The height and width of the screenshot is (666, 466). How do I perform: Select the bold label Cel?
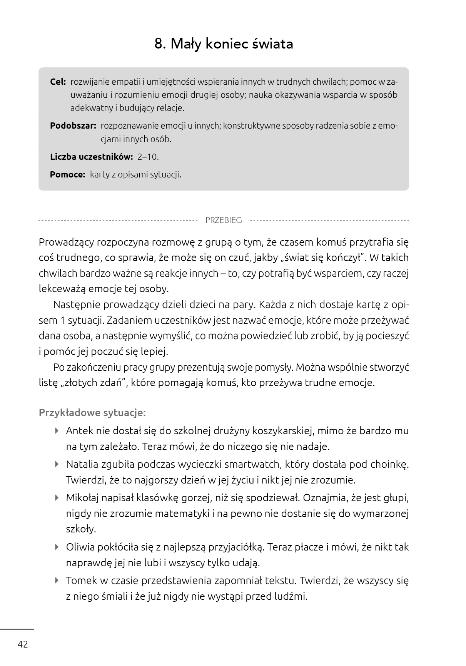point(58,82)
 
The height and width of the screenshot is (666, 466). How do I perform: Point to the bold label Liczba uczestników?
point(92,157)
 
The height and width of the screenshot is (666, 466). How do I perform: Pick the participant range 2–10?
point(148,157)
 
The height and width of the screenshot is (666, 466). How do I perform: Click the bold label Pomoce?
point(67,175)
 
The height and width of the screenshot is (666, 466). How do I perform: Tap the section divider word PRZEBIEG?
point(224,221)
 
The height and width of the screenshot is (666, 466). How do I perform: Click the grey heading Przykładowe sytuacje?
point(92,413)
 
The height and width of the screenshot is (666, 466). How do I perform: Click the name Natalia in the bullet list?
point(82,464)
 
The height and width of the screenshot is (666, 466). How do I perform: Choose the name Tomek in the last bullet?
point(80,581)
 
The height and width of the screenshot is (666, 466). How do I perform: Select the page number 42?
point(23,644)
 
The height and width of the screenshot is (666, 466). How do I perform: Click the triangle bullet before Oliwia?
point(57,547)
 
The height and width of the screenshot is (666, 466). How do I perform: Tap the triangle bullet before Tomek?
point(57,580)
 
